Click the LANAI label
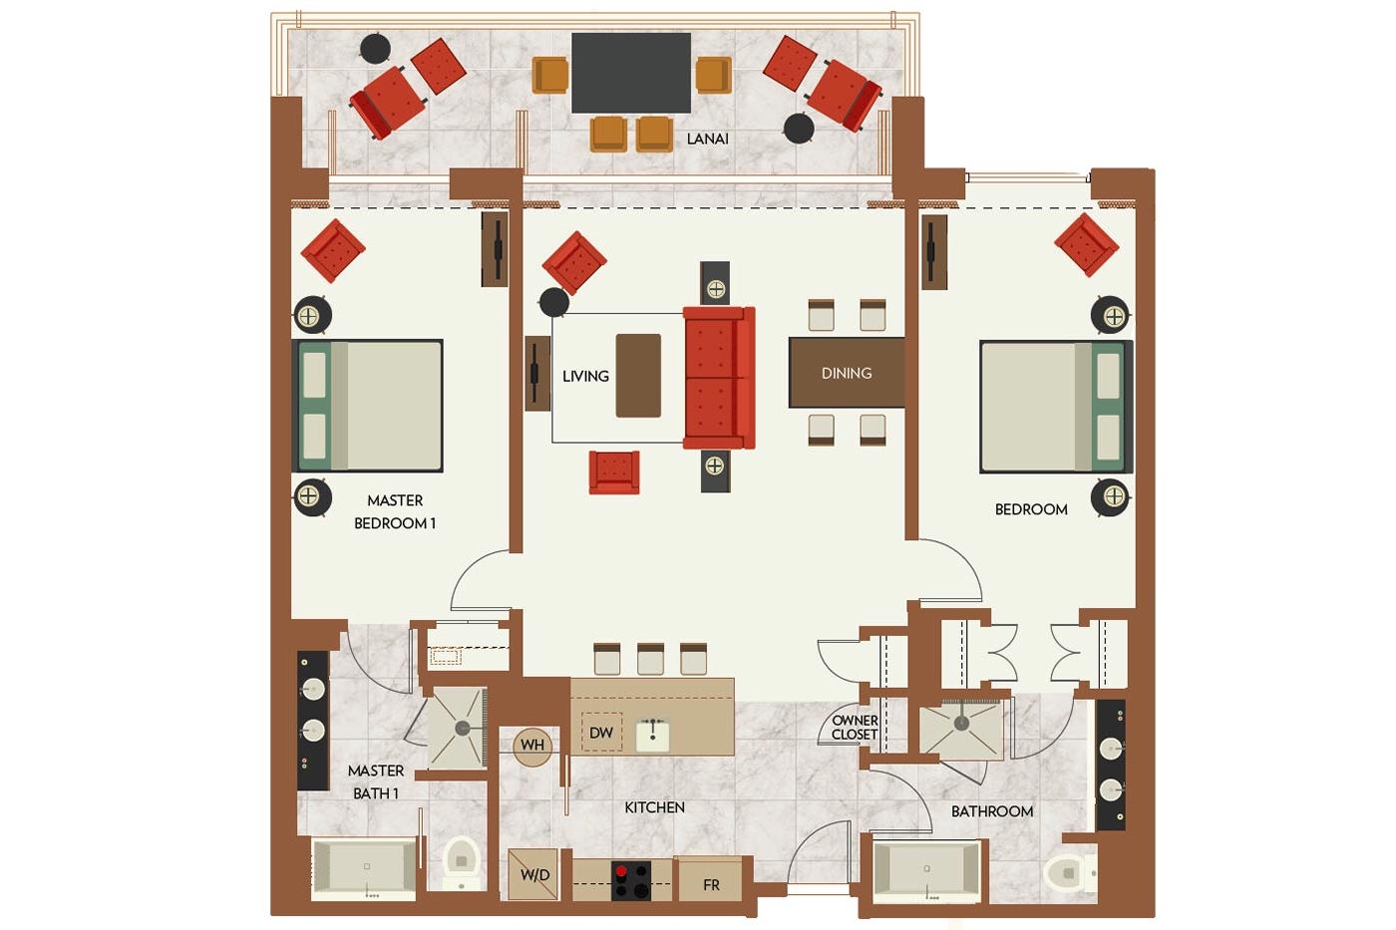click(707, 139)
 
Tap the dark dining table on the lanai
click(630, 73)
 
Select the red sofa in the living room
click(719, 378)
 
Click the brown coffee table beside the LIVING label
click(638, 376)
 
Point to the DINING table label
click(847, 373)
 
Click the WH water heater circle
click(532, 745)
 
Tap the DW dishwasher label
click(600, 733)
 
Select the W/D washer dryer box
click(532, 874)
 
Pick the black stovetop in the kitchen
click(630, 881)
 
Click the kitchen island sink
click(652, 735)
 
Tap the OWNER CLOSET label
click(856, 728)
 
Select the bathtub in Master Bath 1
click(364, 868)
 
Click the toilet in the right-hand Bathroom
click(1069, 873)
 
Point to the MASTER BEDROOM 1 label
click(395, 512)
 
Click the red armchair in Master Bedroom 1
click(333, 250)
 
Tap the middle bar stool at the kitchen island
click(650, 659)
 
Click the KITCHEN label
click(654, 807)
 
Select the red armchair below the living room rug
click(614, 472)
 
